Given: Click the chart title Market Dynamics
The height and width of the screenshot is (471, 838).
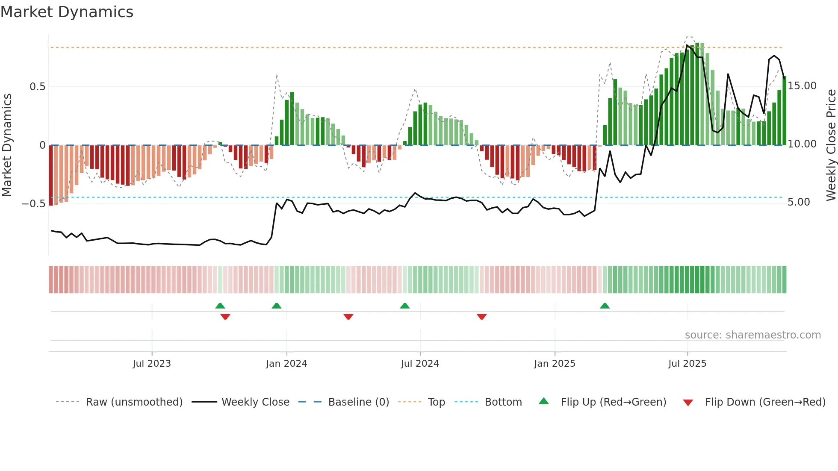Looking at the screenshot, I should (x=67, y=12).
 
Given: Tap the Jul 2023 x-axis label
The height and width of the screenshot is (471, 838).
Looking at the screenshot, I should (x=152, y=364).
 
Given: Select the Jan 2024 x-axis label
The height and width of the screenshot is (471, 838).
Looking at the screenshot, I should (x=286, y=364).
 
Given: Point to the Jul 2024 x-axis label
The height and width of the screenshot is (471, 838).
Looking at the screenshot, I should (x=420, y=364).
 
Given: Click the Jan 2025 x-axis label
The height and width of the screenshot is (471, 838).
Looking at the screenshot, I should (x=555, y=364).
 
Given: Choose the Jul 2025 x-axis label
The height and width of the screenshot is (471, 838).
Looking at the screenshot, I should (x=688, y=364).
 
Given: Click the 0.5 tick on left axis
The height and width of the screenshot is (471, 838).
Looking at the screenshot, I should (x=37, y=87).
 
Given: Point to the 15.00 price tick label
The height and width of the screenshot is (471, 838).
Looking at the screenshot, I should (x=802, y=86).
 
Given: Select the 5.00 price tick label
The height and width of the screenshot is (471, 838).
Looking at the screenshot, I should (x=799, y=202).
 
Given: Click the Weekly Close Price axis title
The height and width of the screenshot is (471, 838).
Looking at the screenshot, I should (x=831, y=145).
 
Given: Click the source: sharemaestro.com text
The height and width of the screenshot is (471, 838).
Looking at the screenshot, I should (x=752, y=335).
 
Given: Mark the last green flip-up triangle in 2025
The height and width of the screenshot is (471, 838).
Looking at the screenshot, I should (x=605, y=306).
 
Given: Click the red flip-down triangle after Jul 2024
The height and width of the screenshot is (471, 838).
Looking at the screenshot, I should (x=482, y=317).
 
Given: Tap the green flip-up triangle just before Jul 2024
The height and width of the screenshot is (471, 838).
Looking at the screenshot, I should (x=404, y=306).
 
